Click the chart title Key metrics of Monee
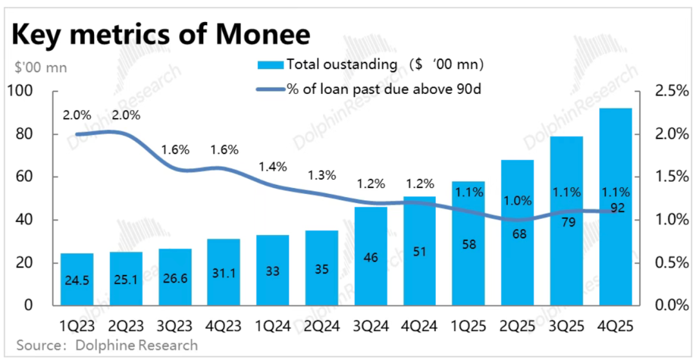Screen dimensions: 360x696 pyautogui.click(x=160, y=33)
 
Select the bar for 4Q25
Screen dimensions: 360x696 pyautogui.click(x=615, y=206)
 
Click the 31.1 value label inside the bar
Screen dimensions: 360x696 pyautogui.click(x=224, y=272)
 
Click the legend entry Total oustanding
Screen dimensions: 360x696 pyautogui.click(x=370, y=64)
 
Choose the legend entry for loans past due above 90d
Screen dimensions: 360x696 pyautogui.click(x=370, y=88)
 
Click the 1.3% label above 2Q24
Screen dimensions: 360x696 pyautogui.click(x=321, y=175)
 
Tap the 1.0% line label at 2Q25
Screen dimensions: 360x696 pyautogui.click(x=519, y=200)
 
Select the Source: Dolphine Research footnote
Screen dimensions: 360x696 pyautogui.click(x=107, y=345)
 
